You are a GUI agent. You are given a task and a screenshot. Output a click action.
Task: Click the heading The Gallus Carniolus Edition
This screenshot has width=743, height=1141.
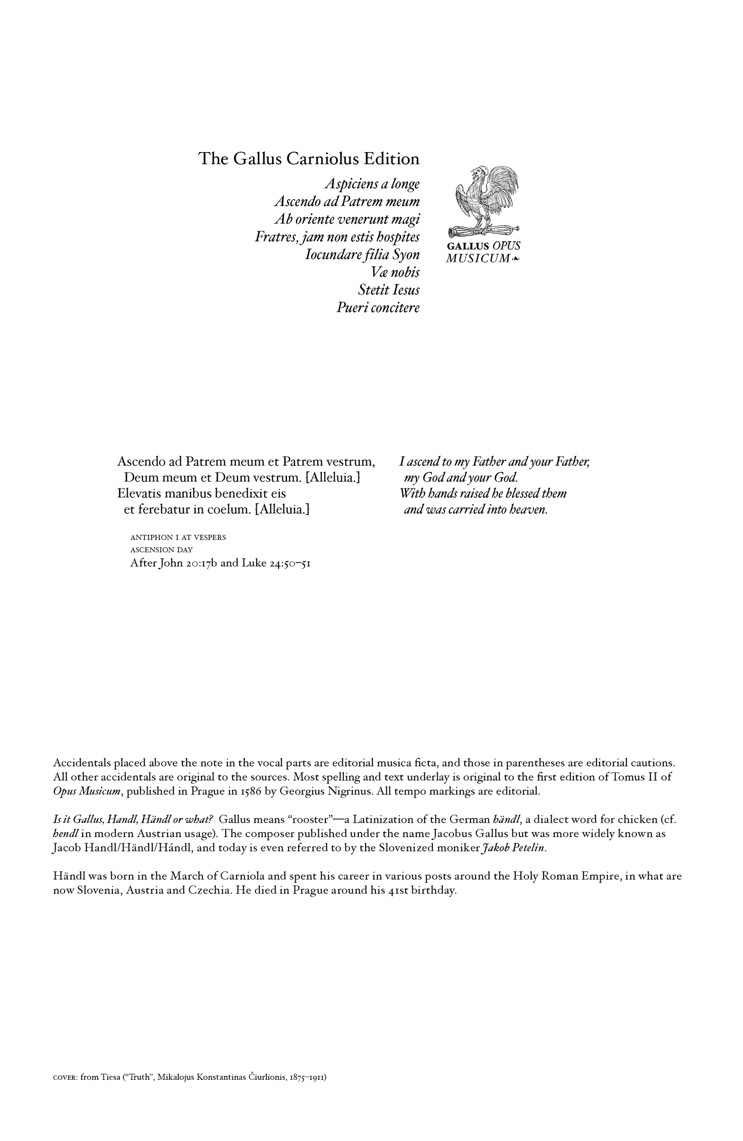(x=309, y=158)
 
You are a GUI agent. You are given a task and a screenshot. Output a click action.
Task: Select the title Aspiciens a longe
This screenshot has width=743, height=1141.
(x=372, y=184)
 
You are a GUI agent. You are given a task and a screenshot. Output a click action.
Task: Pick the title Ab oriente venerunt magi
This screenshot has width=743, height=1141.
(x=347, y=219)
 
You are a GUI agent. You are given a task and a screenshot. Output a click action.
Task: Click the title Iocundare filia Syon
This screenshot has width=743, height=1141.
(x=362, y=255)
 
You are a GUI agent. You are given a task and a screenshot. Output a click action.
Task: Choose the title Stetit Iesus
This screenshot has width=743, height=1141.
(x=389, y=290)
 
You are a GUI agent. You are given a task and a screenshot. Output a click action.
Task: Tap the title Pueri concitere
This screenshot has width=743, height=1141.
(x=378, y=307)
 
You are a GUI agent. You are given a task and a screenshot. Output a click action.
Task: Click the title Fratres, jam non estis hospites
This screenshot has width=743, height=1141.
(x=337, y=237)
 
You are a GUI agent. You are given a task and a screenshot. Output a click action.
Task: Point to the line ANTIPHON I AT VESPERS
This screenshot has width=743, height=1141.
(x=178, y=537)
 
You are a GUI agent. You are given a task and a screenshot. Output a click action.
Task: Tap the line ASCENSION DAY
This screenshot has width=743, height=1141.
(x=161, y=550)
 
